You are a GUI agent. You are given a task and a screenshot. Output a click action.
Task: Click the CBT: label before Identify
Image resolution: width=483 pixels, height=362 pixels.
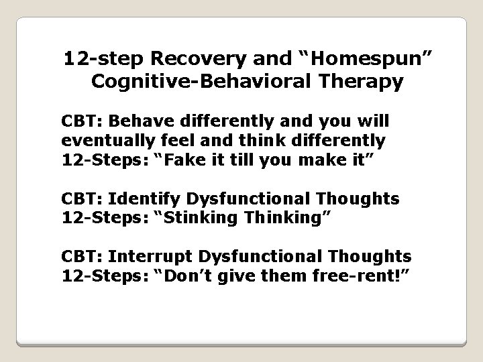point(82,198)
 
